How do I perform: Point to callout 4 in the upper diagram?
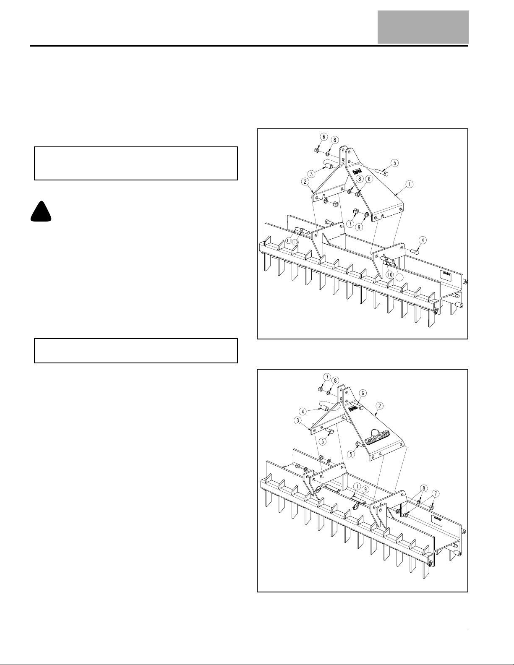[423, 240]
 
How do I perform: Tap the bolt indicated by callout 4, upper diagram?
[414, 252]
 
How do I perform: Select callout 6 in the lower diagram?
[362, 393]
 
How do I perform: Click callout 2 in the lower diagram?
[379, 406]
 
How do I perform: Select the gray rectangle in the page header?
[423, 27]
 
